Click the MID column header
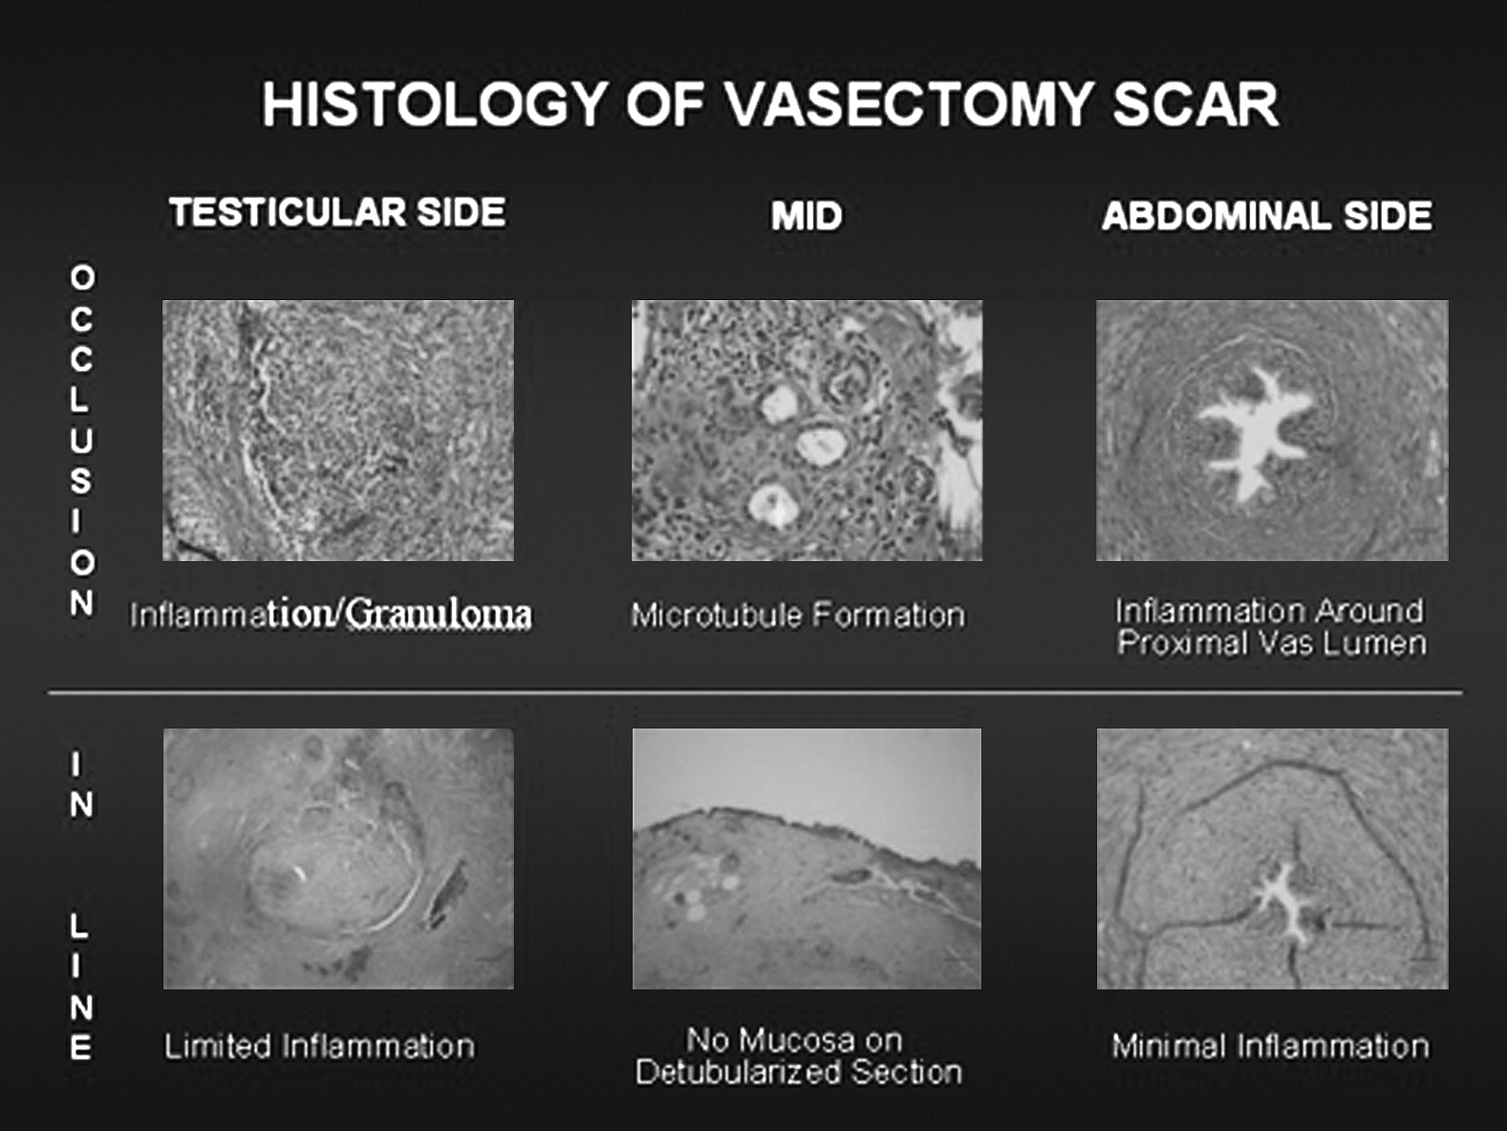[806, 216]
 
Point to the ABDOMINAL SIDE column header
[1267, 216]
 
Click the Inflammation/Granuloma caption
[331, 614]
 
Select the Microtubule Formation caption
[798, 616]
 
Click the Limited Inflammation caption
[319, 1047]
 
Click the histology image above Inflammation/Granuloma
[338, 430]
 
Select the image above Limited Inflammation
[338, 859]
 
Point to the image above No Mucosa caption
[807, 859]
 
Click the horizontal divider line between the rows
[755, 693]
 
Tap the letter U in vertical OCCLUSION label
[81, 440]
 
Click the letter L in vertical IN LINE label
[79, 927]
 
